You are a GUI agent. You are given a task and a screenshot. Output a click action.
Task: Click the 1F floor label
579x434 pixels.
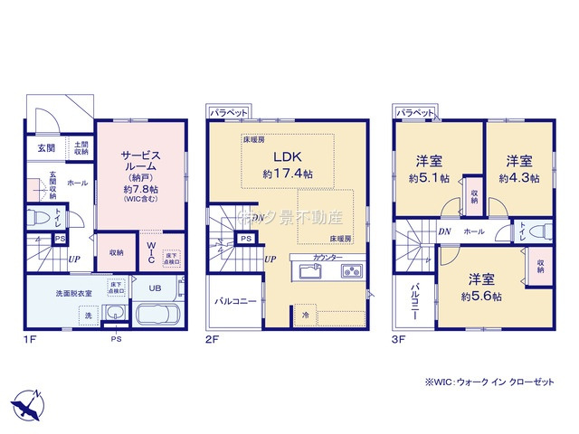coord(30,342)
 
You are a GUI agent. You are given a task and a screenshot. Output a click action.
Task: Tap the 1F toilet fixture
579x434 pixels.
coord(38,218)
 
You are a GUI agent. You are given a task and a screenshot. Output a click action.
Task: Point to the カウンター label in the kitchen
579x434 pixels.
coord(328,258)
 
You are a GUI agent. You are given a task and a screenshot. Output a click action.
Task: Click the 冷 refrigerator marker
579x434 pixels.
coord(306,316)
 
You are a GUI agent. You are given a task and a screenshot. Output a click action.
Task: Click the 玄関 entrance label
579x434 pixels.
coord(46,147)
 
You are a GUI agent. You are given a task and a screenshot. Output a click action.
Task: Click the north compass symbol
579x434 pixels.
coord(27,403)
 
